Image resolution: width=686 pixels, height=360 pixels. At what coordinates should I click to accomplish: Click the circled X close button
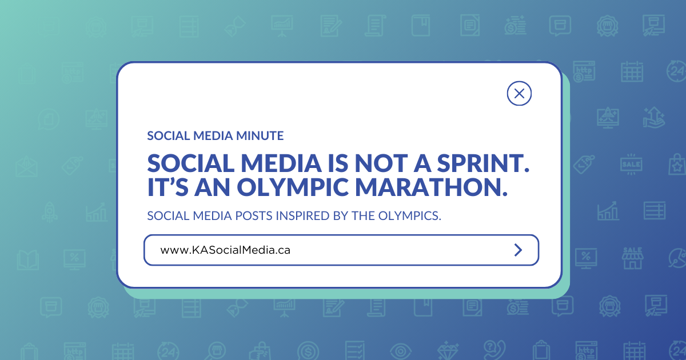pos(519,93)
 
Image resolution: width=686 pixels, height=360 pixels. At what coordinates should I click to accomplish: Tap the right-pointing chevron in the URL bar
pos(518,250)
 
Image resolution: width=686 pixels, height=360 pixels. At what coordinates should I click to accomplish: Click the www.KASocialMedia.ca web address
pos(225,250)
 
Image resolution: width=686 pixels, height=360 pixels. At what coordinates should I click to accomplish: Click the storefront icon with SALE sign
pos(632,258)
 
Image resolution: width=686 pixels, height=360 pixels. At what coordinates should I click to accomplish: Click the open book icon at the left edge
pos(27,260)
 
